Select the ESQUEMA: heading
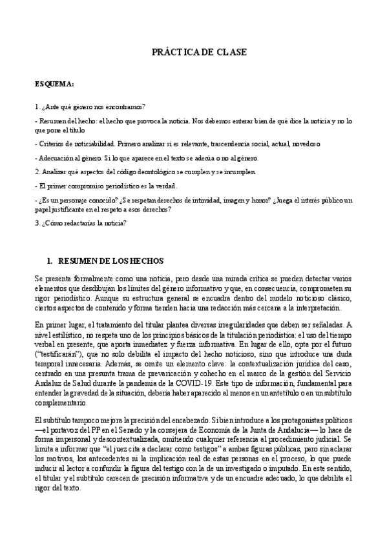pos(54,85)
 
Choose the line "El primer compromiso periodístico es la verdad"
pos(105,186)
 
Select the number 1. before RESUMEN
pos(49,261)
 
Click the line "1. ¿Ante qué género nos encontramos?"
pos(90,106)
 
